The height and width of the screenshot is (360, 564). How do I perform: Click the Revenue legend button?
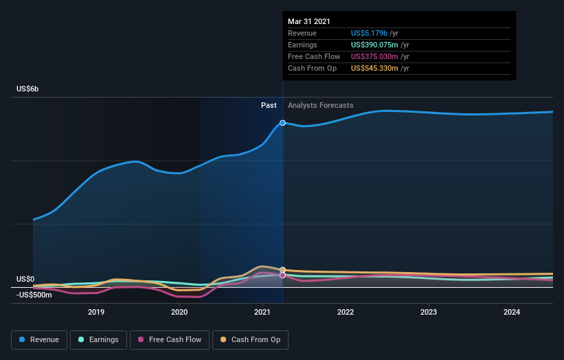click(x=39, y=339)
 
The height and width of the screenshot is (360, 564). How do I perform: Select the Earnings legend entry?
click(x=98, y=339)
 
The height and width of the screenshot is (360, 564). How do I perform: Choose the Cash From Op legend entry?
click(x=251, y=339)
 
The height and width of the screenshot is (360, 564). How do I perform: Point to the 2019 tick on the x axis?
click(x=96, y=312)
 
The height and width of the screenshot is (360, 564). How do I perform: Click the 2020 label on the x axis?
click(x=179, y=312)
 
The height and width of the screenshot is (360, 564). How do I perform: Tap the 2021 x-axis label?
click(x=262, y=312)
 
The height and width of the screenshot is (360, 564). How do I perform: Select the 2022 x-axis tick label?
click(x=346, y=312)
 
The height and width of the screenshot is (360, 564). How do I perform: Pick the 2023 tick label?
click(x=429, y=312)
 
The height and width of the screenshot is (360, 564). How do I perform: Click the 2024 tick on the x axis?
click(x=511, y=312)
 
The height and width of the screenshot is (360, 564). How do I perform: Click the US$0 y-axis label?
click(x=25, y=279)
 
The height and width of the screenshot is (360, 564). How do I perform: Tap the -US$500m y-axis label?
click(x=34, y=295)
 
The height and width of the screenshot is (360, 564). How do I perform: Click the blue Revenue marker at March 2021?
click(x=282, y=122)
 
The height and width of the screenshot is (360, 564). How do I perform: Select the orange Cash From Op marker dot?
click(x=282, y=270)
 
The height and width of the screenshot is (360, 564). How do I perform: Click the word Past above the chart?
click(x=269, y=105)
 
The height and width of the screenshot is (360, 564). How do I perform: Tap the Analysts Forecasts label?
click(x=321, y=105)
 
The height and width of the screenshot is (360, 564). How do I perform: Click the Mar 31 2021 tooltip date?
click(x=310, y=21)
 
